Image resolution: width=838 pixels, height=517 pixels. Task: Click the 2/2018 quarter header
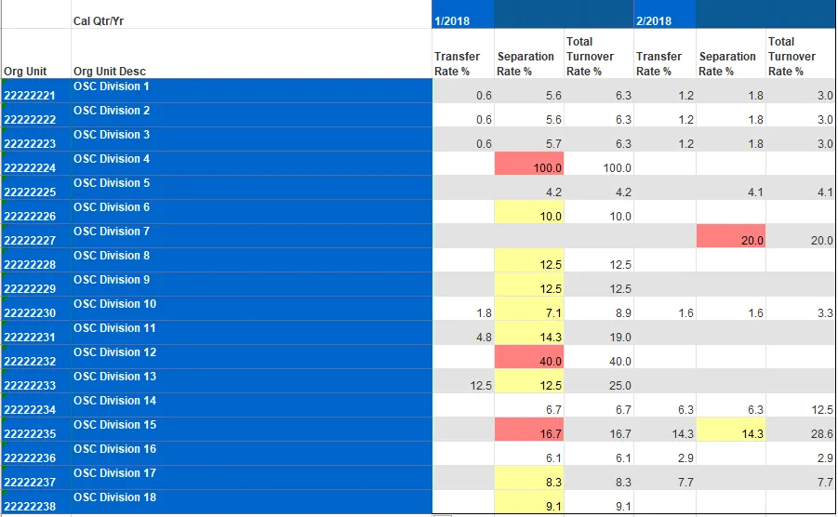point(654,20)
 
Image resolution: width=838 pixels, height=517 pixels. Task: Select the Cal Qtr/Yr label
point(98,20)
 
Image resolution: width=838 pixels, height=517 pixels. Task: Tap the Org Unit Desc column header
point(110,72)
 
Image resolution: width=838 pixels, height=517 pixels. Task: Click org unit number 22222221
point(30,96)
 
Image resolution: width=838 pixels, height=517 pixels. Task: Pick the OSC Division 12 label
point(115,352)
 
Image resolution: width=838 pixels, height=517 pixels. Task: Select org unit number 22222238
point(30,507)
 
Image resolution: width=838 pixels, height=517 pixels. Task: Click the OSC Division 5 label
point(112,183)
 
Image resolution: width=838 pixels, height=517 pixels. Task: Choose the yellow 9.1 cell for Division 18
point(528,506)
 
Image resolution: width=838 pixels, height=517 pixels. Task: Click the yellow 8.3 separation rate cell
point(528,482)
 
